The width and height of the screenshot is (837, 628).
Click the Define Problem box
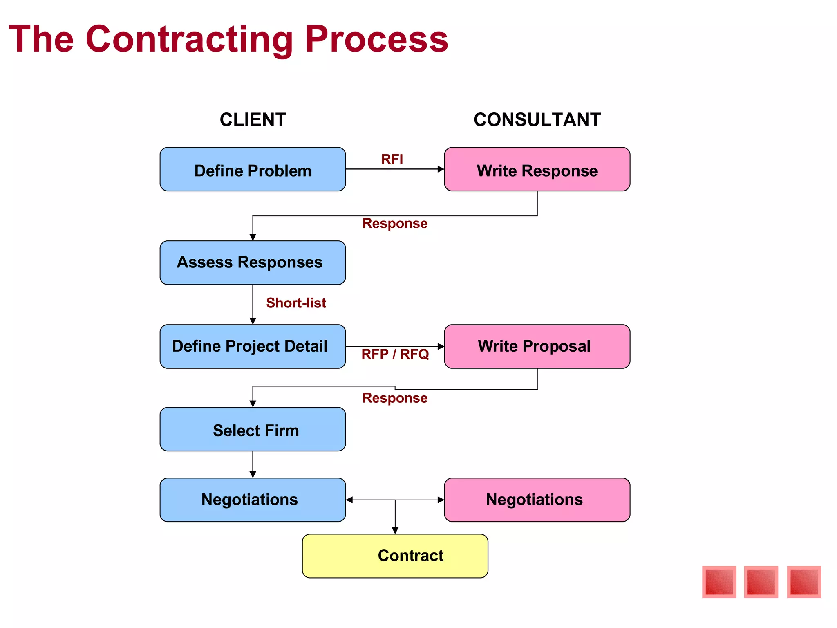(253, 169)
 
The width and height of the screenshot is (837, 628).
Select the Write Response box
(537, 169)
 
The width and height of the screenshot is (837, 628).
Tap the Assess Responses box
(253, 262)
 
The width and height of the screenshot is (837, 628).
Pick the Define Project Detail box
(253, 346)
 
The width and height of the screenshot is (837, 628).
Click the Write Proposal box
(537, 346)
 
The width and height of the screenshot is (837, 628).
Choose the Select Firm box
(253, 429)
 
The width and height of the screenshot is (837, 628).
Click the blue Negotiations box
(253, 500)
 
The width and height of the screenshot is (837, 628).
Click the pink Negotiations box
(537, 500)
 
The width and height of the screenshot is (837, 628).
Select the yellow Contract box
(395, 556)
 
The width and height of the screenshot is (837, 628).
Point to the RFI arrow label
(392, 159)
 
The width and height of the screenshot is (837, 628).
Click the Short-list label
(296, 303)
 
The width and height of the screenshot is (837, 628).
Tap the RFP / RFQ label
(395, 354)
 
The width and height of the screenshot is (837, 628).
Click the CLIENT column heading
(253, 120)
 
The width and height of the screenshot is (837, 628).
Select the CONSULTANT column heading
(537, 120)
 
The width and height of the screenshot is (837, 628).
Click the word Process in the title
(376, 39)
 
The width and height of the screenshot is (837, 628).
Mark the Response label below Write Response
(395, 223)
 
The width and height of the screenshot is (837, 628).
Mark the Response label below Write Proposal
(395, 398)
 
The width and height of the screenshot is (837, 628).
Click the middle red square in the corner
(761, 582)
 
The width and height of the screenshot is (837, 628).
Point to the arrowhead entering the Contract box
(395, 530)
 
